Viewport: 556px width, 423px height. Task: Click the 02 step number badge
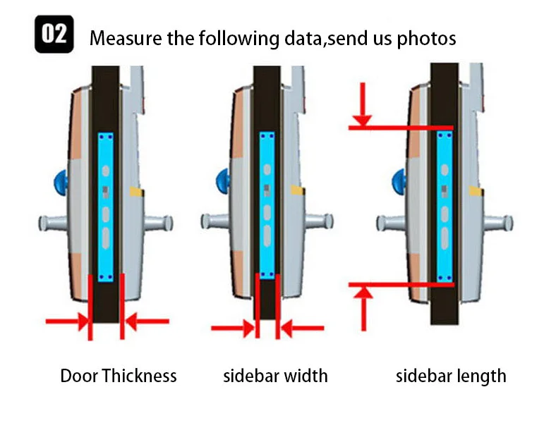(x=54, y=36)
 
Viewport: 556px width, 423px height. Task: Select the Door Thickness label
(x=119, y=375)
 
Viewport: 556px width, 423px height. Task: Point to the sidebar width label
(x=275, y=375)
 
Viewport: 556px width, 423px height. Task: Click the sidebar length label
(x=451, y=375)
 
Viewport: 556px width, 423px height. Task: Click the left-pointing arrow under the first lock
(x=145, y=321)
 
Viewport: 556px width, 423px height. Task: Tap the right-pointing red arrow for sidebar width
(x=233, y=327)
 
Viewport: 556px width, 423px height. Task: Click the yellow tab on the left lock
(x=135, y=192)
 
